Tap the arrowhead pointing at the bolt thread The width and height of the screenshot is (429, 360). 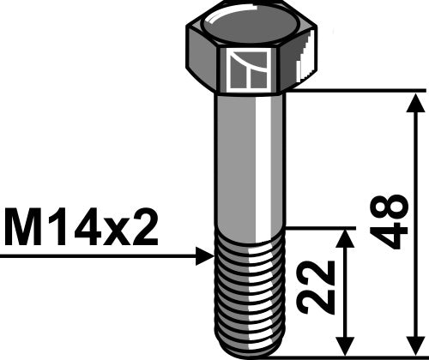point(203,255)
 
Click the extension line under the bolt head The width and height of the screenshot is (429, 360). point(360,89)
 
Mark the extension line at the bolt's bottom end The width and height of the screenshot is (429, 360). point(360,356)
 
